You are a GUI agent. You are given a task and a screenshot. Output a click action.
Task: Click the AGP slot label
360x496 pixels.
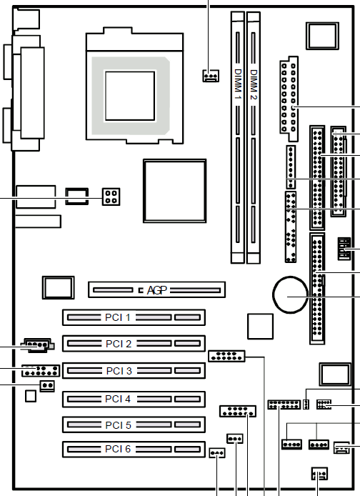point(156,290)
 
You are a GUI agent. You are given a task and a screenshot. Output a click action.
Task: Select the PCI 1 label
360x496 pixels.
point(118,317)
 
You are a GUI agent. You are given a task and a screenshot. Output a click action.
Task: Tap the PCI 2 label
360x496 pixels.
point(119,344)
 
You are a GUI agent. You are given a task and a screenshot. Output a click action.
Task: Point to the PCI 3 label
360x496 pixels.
point(119,371)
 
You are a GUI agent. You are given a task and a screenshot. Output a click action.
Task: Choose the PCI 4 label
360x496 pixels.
point(118,399)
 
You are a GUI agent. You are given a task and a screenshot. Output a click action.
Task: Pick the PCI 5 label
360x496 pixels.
point(118,425)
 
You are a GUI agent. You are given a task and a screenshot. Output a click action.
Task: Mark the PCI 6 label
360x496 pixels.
point(118,449)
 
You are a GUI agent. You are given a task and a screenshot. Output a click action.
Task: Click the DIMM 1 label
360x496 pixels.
point(238,84)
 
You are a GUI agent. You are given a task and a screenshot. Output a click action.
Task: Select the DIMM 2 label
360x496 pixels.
point(254,84)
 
